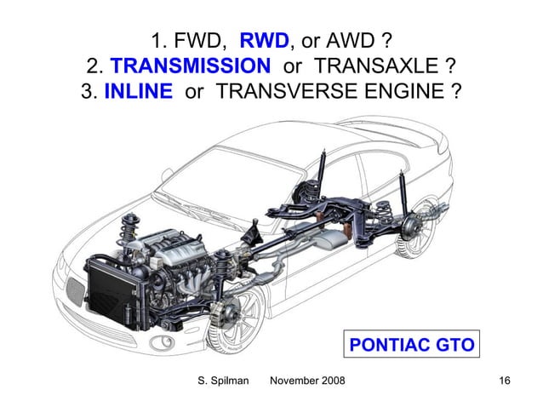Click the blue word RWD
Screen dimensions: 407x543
(x=266, y=40)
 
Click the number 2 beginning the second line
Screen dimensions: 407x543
(x=92, y=66)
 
